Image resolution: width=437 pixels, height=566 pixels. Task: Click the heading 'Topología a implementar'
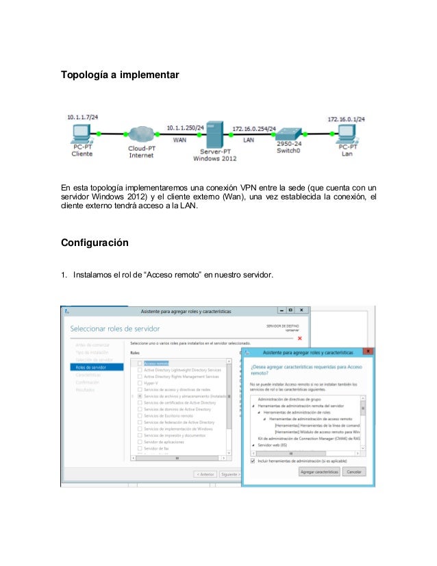tap(120, 73)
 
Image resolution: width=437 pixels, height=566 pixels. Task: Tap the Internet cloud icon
tap(142, 133)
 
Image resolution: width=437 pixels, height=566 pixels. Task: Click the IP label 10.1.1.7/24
tap(82, 118)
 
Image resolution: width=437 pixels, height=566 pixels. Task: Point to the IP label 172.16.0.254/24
tap(254, 128)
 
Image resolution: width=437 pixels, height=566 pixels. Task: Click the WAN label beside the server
tap(180, 140)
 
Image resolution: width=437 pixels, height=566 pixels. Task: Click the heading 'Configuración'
tap(95, 242)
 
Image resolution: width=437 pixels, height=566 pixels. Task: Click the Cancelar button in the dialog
tap(354, 472)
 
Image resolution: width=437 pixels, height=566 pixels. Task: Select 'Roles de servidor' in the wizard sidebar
tap(90, 367)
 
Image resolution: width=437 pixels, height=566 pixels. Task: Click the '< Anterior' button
tap(205, 473)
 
